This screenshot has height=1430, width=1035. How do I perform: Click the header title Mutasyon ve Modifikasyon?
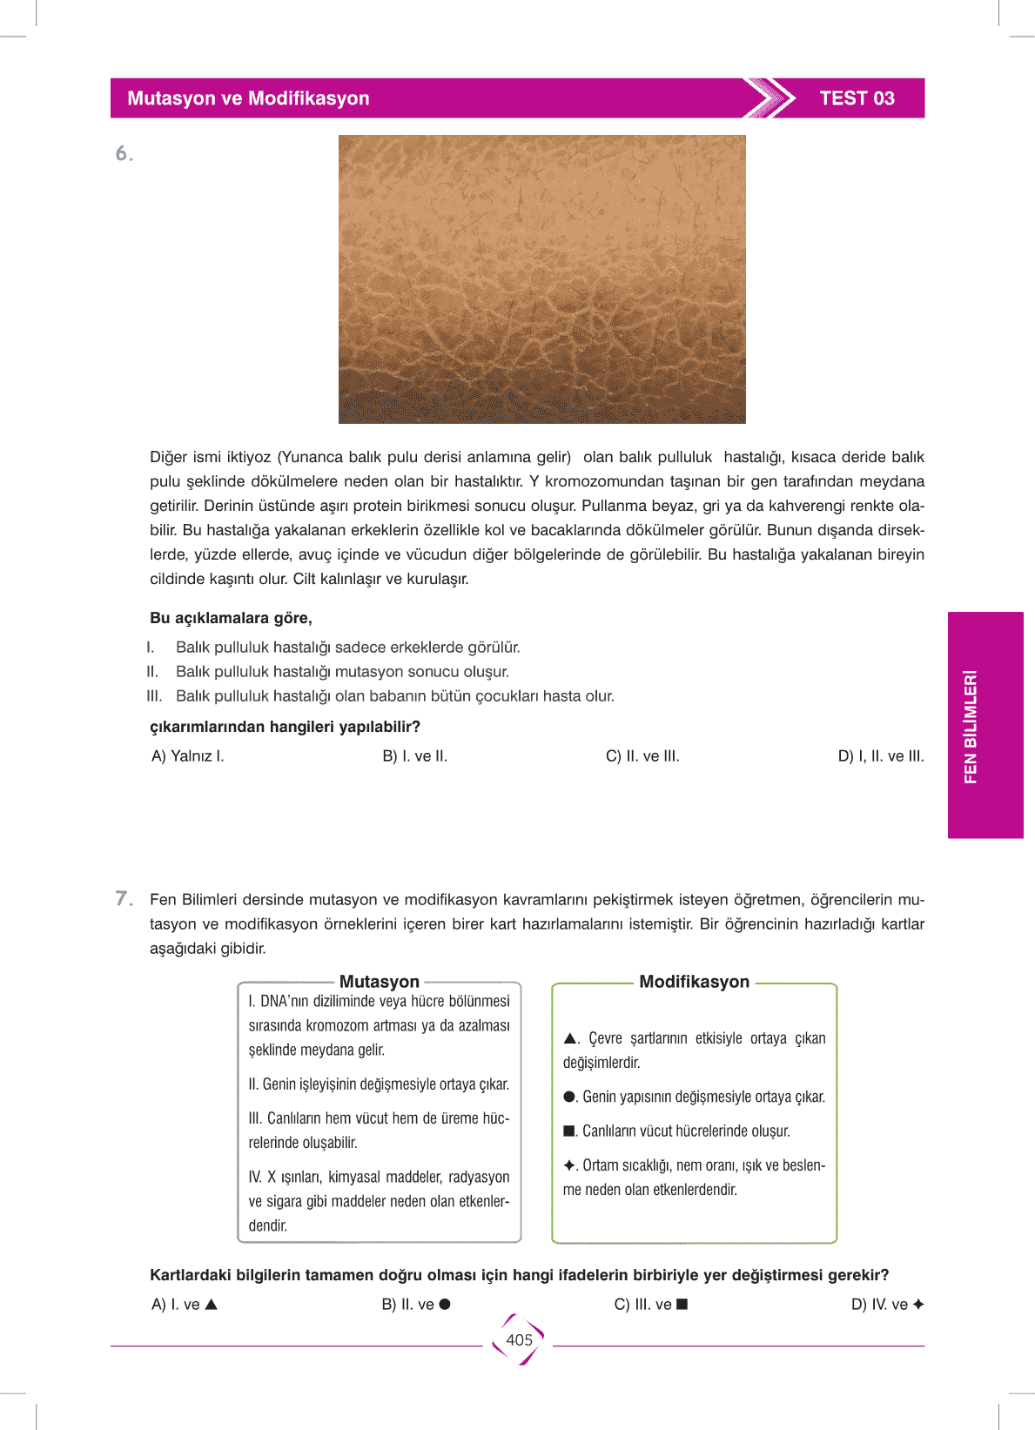point(248,98)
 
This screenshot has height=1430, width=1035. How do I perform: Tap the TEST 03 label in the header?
point(857,98)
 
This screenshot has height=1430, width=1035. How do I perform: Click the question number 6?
point(124,154)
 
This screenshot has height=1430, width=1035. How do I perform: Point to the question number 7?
point(124,898)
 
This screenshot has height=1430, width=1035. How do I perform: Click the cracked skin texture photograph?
point(541,279)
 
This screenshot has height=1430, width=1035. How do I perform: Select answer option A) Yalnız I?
point(188,756)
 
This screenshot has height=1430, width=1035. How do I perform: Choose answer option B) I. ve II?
point(415,756)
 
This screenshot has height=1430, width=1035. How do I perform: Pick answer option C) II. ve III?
point(642,756)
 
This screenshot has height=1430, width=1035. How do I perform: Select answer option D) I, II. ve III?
point(880,756)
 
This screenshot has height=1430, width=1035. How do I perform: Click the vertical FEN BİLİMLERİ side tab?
point(985,725)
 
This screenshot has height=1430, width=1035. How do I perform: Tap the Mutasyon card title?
point(380,982)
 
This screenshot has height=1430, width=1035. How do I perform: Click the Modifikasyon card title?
point(694,982)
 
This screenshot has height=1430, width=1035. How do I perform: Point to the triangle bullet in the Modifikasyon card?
point(570,1038)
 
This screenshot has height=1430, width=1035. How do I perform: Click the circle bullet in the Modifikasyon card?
point(569,1097)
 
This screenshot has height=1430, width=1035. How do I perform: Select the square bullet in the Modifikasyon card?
point(569,1131)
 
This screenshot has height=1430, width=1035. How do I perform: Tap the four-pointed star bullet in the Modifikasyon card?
point(569,1165)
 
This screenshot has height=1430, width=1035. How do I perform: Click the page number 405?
point(519,1340)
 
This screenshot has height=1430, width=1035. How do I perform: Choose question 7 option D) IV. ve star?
point(887,1305)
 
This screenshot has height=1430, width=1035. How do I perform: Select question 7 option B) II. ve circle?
point(416,1305)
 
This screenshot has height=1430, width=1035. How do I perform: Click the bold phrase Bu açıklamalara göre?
point(231,618)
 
